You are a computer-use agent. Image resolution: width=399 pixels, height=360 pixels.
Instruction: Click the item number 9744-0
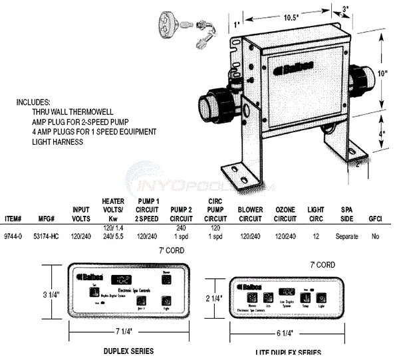13,236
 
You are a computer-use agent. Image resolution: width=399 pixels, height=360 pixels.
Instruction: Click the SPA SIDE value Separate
346,236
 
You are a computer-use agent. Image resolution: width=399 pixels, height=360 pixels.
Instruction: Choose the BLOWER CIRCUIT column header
250,214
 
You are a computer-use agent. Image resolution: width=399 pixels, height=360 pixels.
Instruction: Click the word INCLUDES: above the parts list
33,104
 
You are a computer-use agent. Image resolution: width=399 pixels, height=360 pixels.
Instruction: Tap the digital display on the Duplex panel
121,278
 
